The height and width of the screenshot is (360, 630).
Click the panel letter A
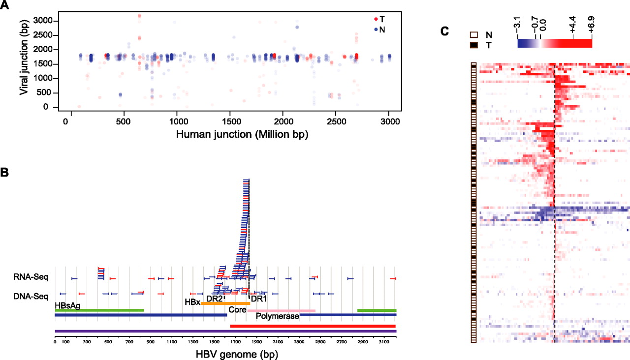coord(4,5)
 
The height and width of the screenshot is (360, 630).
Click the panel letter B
coord(4,172)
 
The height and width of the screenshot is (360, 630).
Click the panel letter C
coord(444,31)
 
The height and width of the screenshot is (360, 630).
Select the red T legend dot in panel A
coord(376,19)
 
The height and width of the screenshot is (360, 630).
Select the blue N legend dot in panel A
coord(376,29)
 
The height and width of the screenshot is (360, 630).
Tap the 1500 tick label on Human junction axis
coord(231,121)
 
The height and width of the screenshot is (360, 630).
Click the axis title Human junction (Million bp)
coord(242,134)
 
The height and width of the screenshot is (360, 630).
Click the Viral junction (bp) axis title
coord(24,58)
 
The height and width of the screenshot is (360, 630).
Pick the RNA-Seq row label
coord(31,277)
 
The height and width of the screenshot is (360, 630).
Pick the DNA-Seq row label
coord(31,297)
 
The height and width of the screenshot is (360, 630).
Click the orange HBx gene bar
coord(225,303)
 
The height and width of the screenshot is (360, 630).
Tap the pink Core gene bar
coord(281,311)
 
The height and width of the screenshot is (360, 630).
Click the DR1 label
coord(258,299)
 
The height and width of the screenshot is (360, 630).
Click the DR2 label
coord(214,299)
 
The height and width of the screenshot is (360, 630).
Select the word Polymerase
coord(277,316)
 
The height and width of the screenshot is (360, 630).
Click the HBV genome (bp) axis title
coord(237,355)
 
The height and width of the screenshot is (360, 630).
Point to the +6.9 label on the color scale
coord(591,24)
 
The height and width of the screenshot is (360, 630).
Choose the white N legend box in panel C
coord(474,35)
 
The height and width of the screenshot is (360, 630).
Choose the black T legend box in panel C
coord(474,45)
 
